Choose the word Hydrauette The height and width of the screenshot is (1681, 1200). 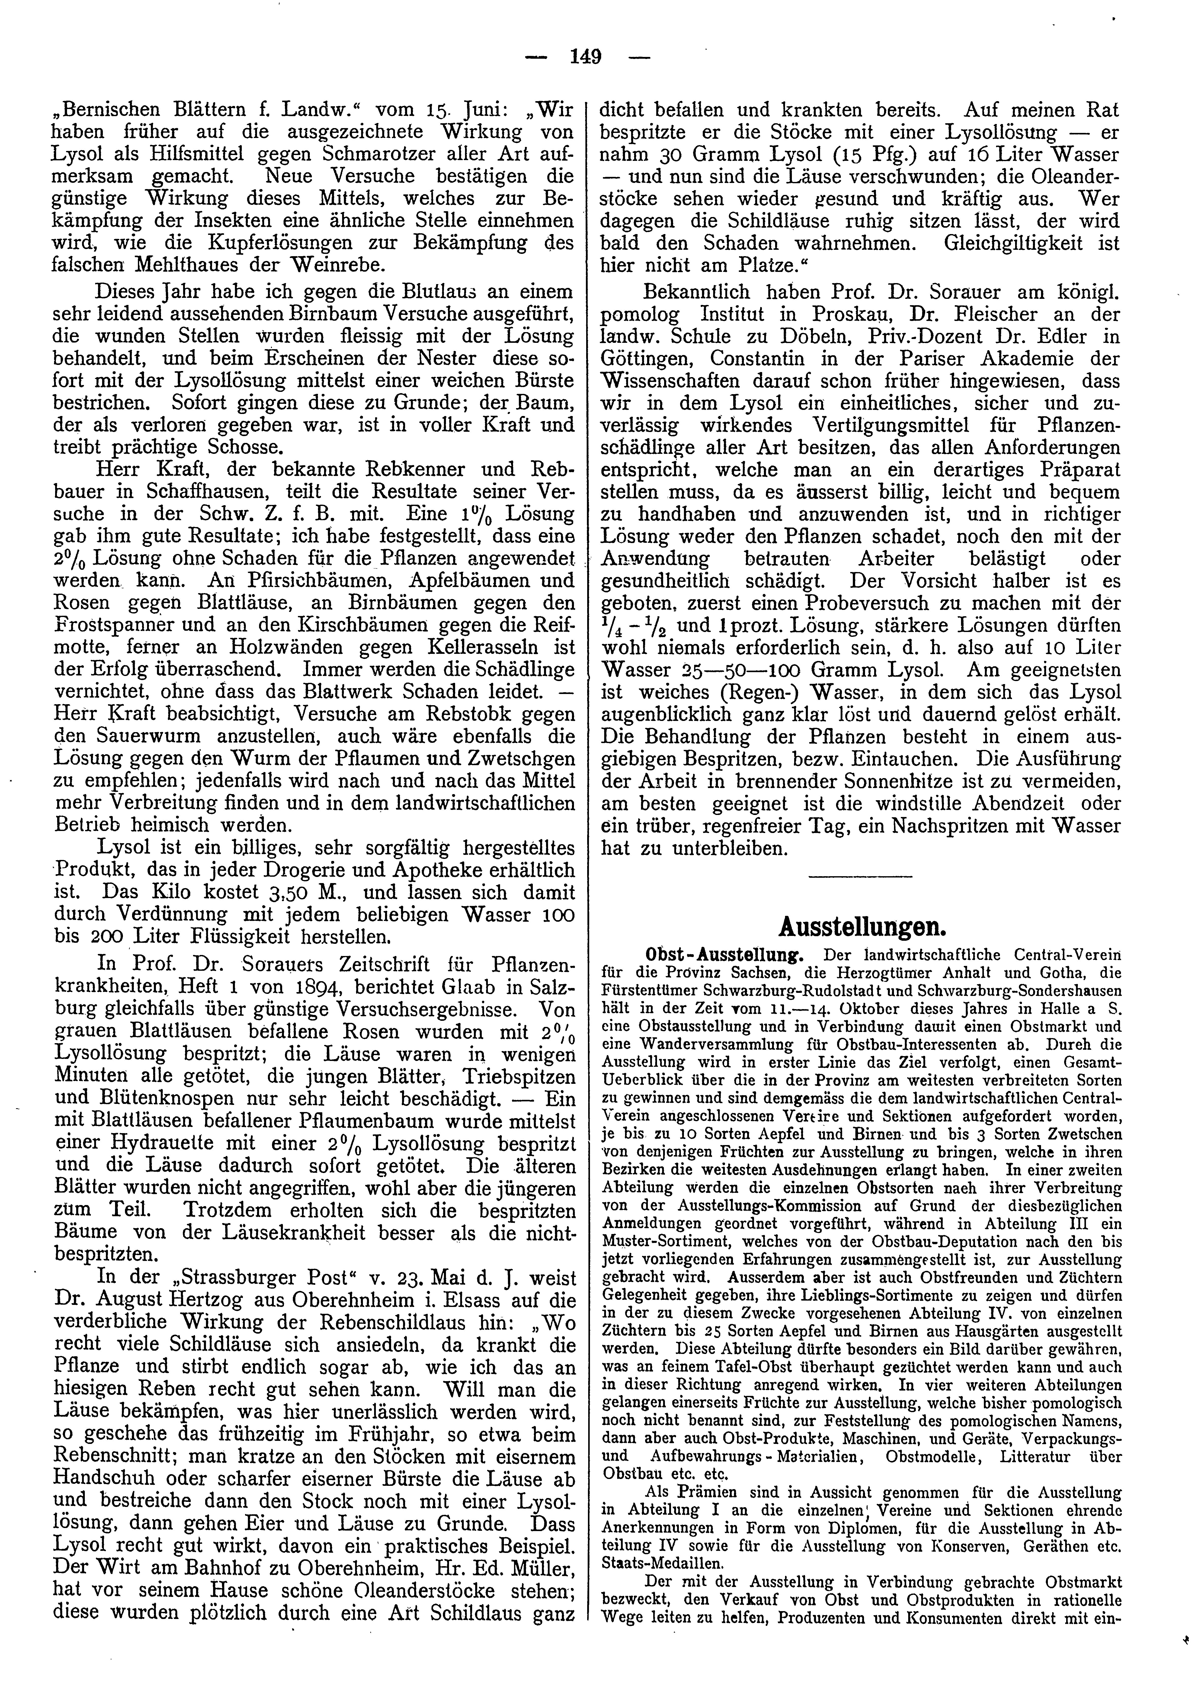coord(144,1143)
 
